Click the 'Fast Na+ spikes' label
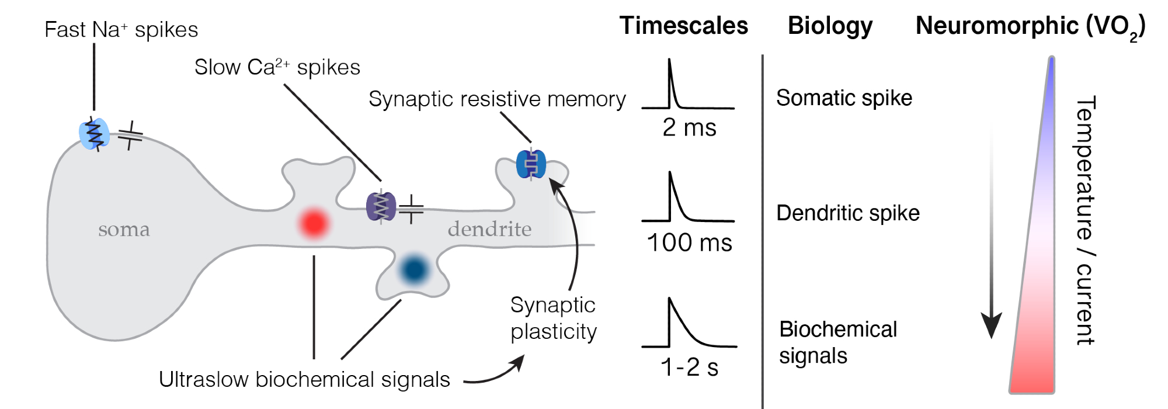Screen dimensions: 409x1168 coord(121,30)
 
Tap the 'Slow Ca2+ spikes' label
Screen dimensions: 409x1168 coord(277,67)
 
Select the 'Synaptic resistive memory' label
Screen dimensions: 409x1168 coord(497,99)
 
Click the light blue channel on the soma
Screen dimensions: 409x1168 coord(93,134)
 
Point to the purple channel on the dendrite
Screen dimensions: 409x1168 coord(381,207)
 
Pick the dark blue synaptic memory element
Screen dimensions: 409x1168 coord(531,164)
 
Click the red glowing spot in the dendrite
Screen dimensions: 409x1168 coord(314,223)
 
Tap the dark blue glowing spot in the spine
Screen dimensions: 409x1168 coord(414,269)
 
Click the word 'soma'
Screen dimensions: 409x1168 coord(124,229)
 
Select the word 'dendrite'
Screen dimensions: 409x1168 coord(489,229)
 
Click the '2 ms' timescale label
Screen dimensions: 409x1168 coord(689,127)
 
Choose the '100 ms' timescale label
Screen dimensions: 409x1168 coord(689,242)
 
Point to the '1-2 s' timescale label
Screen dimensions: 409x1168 coord(689,367)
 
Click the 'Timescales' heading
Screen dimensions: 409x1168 coord(683,26)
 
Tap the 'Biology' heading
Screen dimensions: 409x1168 coord(830,26)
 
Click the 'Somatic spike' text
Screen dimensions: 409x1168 coord(844,98)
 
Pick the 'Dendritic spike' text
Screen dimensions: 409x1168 coord(847,213)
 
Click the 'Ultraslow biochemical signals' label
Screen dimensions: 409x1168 coord(304,380)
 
